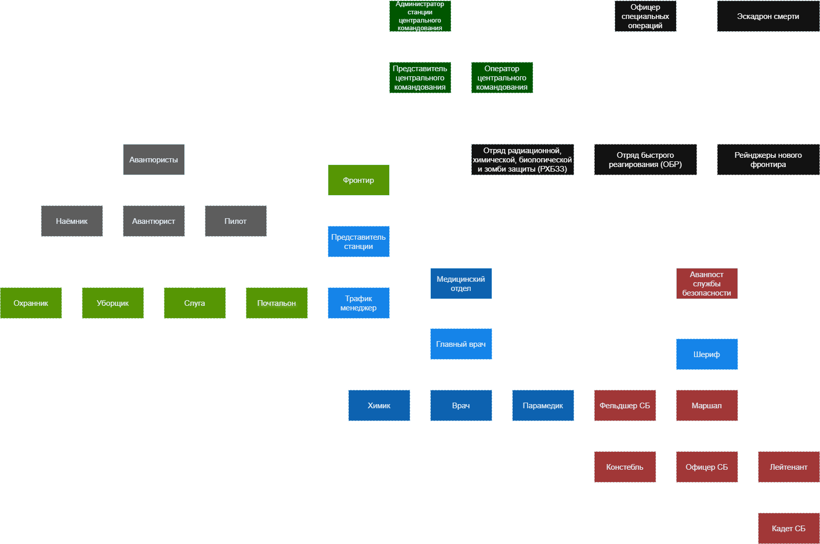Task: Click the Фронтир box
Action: point(359,180)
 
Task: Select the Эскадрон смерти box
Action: point(768,16)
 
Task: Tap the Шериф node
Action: point(707,354)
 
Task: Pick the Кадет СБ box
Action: point(788,528)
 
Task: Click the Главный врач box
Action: point(461,344)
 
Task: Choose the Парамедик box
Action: point(543,405)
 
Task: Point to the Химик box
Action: point(379,405)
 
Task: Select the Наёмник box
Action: point(72,221)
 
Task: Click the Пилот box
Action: point(236,221)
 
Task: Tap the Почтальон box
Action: point(277,303)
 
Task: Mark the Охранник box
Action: point(31,303)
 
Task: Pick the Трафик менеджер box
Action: point(359,303)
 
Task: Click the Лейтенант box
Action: point(788,467)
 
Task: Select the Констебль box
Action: point(625,467)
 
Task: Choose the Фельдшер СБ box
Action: point(625,405)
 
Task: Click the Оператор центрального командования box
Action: point(502,77)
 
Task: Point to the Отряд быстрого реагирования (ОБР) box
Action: point(645,159)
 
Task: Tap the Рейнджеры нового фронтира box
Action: point(768,159)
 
